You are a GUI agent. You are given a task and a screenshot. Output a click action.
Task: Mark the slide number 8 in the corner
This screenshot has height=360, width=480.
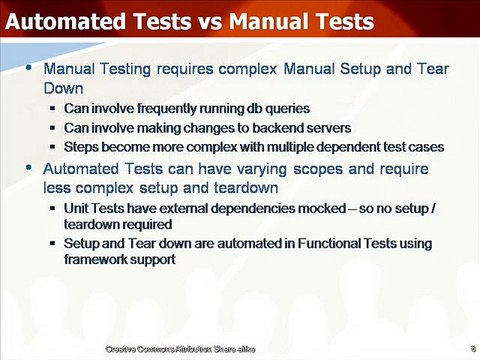tap(470, 348)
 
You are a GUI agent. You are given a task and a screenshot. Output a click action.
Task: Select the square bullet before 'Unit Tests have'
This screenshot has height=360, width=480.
tap(52, 208)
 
